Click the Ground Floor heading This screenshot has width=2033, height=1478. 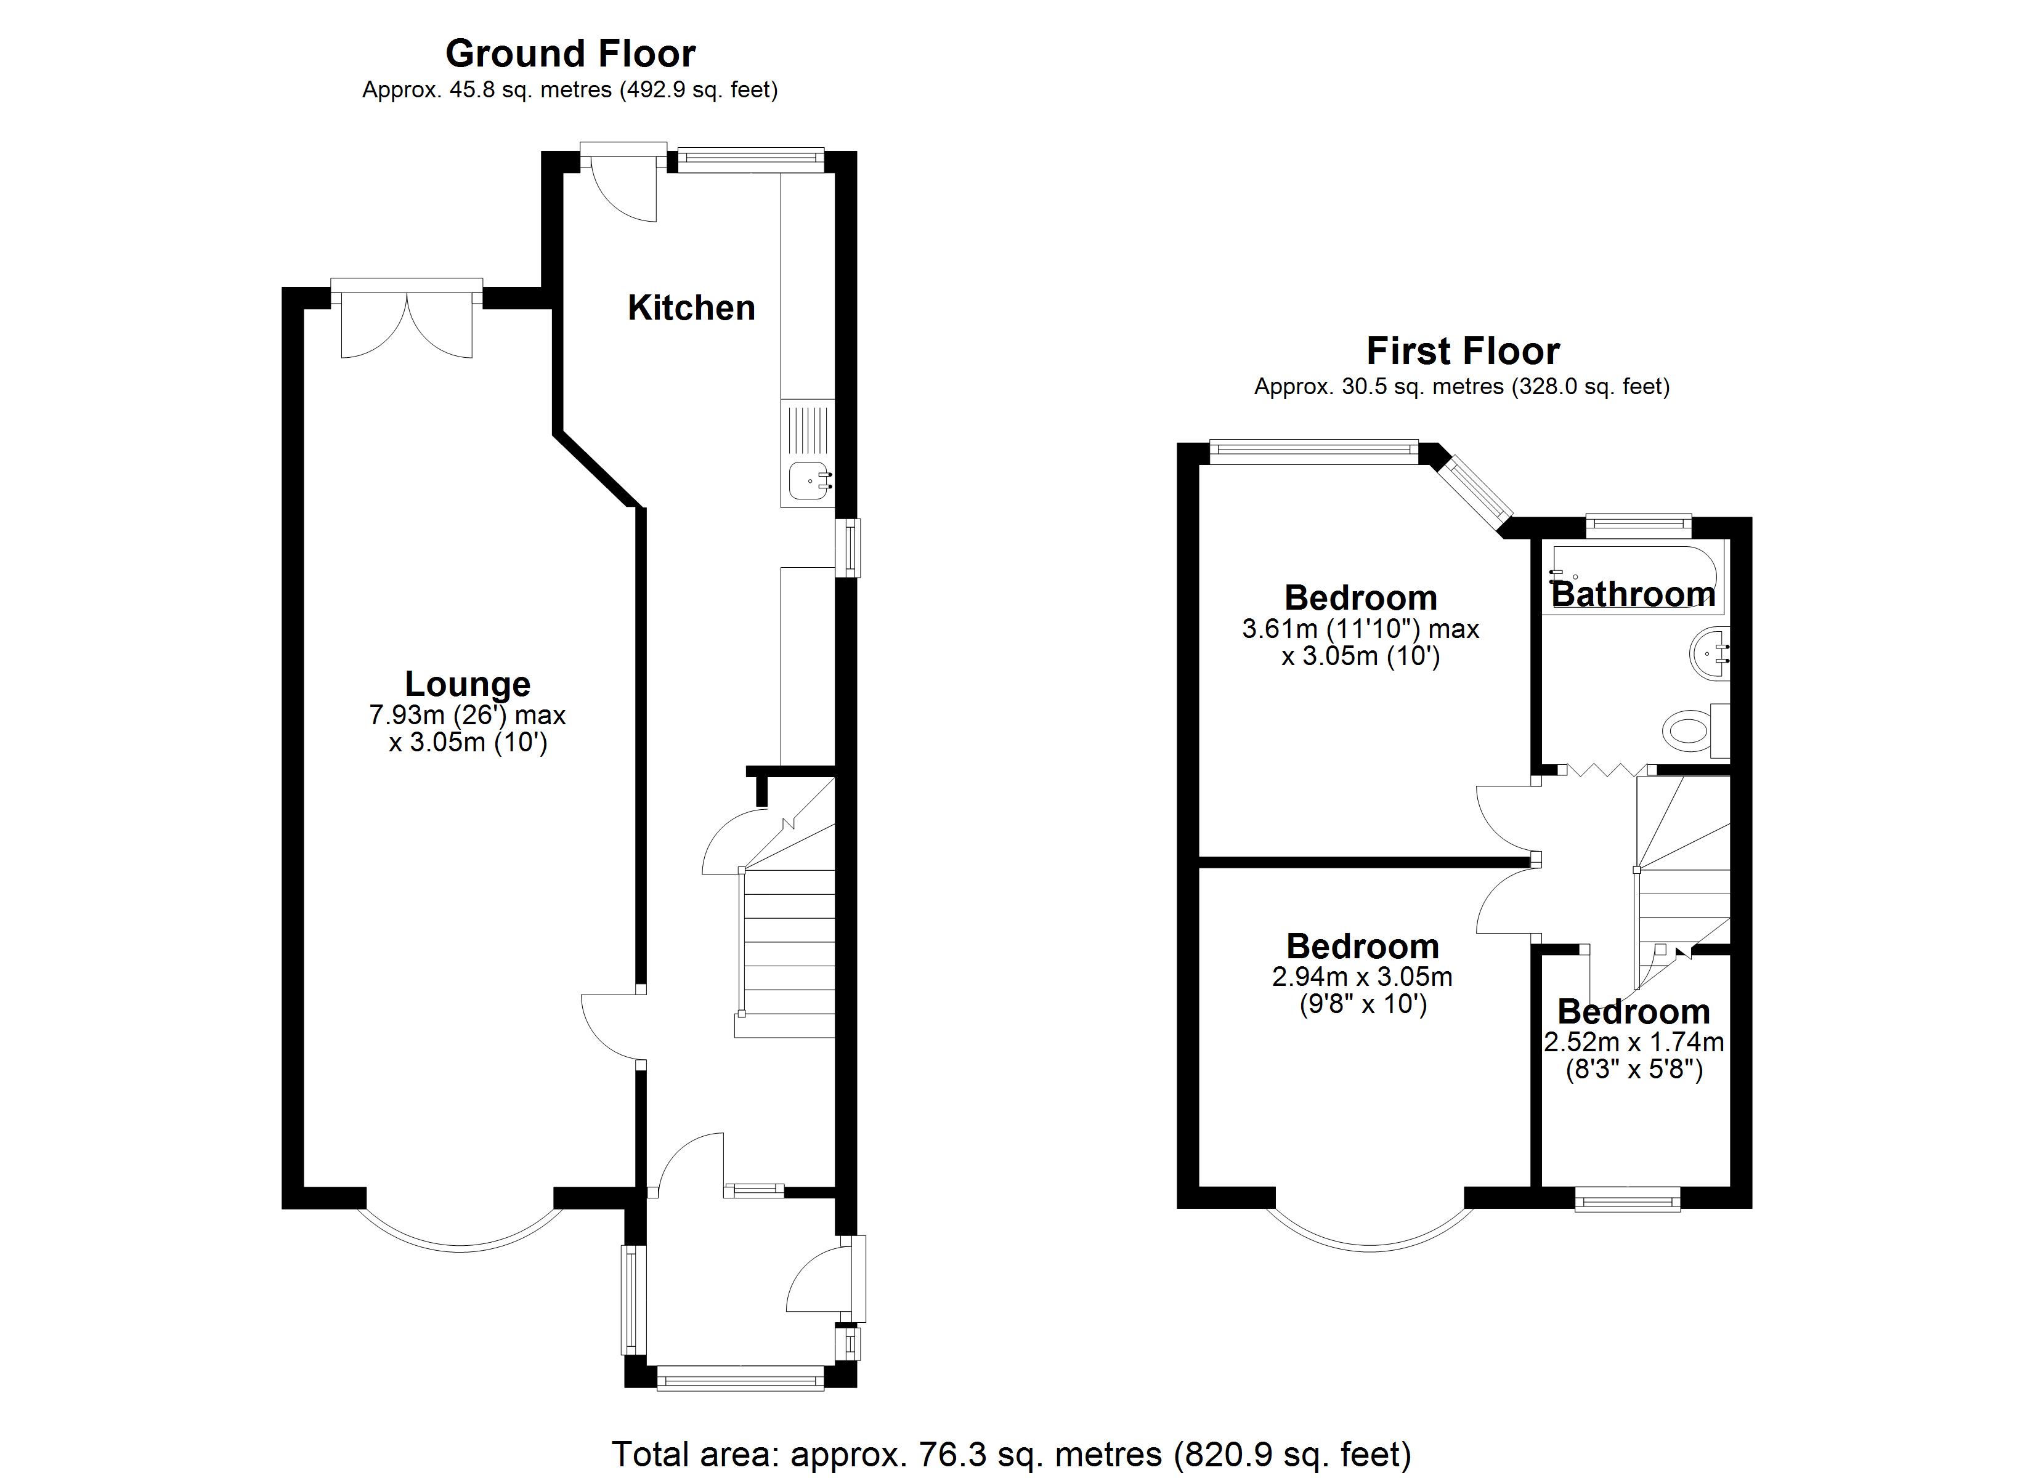(570, 54)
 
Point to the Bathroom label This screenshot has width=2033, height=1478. (1633, 594)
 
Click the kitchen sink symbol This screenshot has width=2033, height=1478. (808, 480)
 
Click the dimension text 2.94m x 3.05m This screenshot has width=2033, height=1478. (1361, 976)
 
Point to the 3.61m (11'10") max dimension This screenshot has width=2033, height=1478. (1360, 629)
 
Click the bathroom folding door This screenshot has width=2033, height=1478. (1605, 769)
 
